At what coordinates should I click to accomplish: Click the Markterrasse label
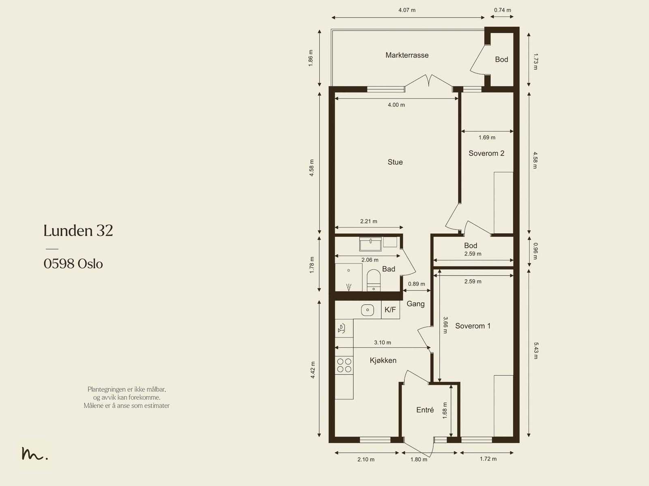[407, 55]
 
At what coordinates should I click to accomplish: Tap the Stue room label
[395, 162]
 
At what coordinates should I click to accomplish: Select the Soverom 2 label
[486, 153]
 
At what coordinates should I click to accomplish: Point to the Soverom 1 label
[473, 326]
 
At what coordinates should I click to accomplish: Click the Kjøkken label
[383, 360]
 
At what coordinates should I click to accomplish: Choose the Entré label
[425, 410]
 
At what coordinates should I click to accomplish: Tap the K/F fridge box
[390, 310]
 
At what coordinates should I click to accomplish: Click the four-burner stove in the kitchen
[344, 365]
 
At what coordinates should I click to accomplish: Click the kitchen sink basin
[367, 310]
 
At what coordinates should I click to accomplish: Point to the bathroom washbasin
[370, 244]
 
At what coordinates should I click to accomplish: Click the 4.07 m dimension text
[407, 10]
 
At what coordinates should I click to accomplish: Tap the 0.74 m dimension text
[502, 10]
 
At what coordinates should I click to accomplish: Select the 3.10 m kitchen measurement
[383, 343]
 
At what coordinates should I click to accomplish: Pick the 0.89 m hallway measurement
[416, 284]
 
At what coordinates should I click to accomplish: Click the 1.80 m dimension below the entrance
[419, 459]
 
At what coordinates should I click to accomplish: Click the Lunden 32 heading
[78, 230]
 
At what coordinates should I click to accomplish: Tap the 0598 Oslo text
[73, 264]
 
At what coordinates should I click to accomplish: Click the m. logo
[34, 453]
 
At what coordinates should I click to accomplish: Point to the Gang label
[415, 304]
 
